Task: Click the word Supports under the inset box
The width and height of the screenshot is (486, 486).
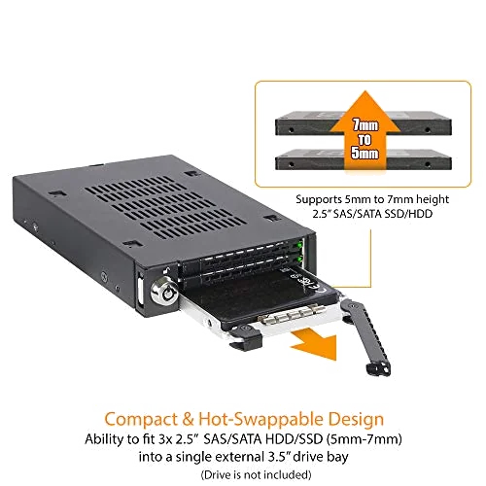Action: (296, 199)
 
